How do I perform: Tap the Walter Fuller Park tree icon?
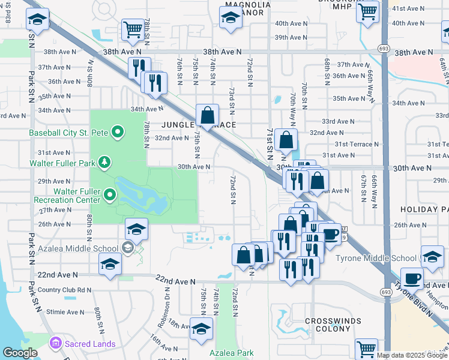105,162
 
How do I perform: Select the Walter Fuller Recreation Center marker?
110,194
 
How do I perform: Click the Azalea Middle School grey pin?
127,247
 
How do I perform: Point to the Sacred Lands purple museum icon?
56,343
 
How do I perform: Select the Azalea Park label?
231,353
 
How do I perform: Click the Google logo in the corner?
20,353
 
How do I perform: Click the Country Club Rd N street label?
64,290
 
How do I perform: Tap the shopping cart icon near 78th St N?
132,28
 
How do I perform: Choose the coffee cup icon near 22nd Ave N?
412,278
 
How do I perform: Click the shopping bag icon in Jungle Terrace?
207,114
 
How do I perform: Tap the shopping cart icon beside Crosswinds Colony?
366,348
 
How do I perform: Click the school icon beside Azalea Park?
201,328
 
